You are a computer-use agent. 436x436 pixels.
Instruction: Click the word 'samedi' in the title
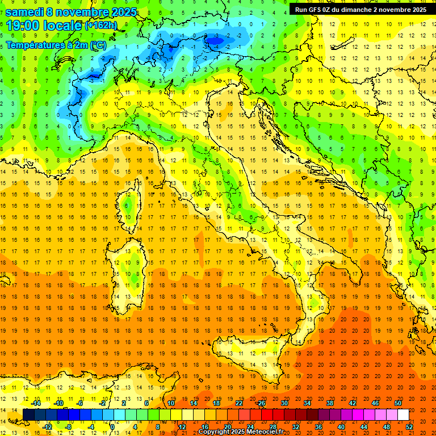24,12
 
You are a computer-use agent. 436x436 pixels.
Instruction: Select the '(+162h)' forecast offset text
100,26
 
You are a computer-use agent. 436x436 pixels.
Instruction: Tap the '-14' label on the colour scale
36,403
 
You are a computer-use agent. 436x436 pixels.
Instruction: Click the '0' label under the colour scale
112,427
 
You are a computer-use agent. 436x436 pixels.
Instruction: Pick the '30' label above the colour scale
284,403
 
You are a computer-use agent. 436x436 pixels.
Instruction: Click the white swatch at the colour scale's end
403,415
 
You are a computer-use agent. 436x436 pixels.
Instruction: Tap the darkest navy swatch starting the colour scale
28,415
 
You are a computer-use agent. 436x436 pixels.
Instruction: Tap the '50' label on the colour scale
398,403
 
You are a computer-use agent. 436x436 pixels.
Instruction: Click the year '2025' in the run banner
418,9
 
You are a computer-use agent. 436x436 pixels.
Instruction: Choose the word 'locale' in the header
64,26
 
